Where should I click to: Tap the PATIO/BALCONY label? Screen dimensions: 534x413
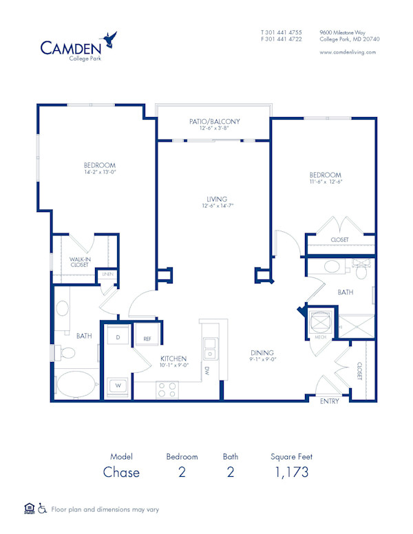click(x=215, y=121)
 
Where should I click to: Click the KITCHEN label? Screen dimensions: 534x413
click(x=174, y=359)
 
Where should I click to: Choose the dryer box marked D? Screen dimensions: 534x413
click(x=118, y=338)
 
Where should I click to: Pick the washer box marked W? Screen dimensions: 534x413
click(x=118, y=385)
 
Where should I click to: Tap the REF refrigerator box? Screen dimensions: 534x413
click(x=147, y=339)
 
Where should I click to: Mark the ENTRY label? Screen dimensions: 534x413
click(x=330, y=402)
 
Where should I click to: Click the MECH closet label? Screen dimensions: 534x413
click(x=321, y=337)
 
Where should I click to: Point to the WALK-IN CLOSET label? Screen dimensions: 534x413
click(x=80, y=261)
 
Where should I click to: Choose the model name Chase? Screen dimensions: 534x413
click(x=121, y=472)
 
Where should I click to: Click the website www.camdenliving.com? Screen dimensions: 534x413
click(x=348, y=52)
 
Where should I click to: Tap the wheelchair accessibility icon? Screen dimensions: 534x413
click(x=42, y=509)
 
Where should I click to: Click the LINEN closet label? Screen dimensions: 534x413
click(x=107, y=275)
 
